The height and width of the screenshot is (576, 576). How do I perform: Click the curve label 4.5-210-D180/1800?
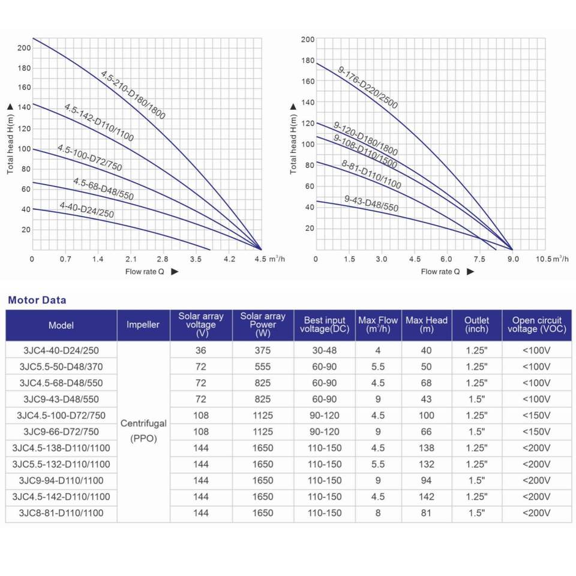(133, 95)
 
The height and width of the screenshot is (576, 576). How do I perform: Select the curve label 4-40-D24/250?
(86, 210)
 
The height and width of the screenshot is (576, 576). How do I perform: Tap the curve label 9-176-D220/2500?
(368, 88)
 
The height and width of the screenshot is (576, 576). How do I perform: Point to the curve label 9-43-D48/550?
(371, 203)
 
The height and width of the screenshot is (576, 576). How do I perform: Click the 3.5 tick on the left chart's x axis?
(196, 259)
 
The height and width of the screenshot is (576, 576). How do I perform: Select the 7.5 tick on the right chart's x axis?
(479, 259)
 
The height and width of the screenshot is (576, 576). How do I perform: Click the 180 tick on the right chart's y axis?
(308, 61)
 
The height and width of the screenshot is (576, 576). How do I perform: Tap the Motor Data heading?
(37, 300)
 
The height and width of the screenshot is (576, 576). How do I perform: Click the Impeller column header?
(143, 325)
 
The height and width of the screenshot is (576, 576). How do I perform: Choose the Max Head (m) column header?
(427, 325)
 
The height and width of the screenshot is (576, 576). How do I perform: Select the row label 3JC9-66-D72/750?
(61, 431)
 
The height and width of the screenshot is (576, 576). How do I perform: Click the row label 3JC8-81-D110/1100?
(61, 513)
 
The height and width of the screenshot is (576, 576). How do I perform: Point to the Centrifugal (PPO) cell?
(143, 431)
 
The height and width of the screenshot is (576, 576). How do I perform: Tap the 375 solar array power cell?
(263, 350)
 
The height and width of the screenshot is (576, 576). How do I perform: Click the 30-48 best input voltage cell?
(324, 350)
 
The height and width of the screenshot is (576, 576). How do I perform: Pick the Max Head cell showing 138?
(427, 448)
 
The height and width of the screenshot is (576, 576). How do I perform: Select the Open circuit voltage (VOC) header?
(536, 325)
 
